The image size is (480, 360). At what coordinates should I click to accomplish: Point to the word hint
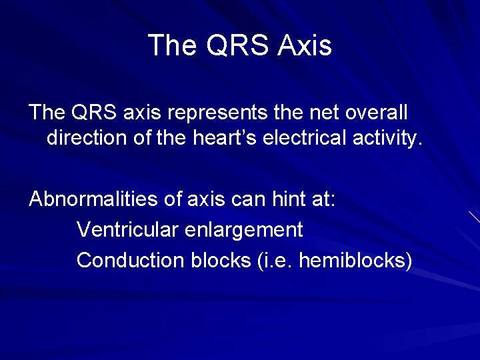[x=277, y=200]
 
